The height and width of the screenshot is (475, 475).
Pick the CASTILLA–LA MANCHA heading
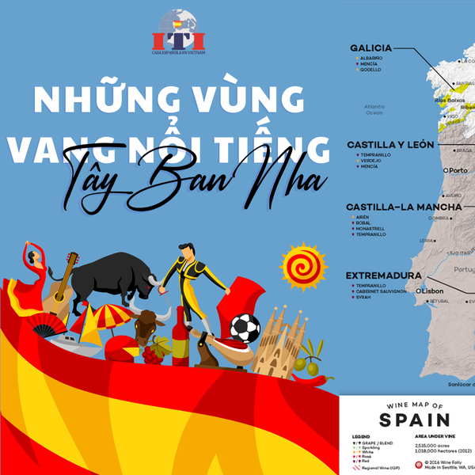click(x=393, y=207)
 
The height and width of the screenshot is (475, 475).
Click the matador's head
click(x=184, y=252)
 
